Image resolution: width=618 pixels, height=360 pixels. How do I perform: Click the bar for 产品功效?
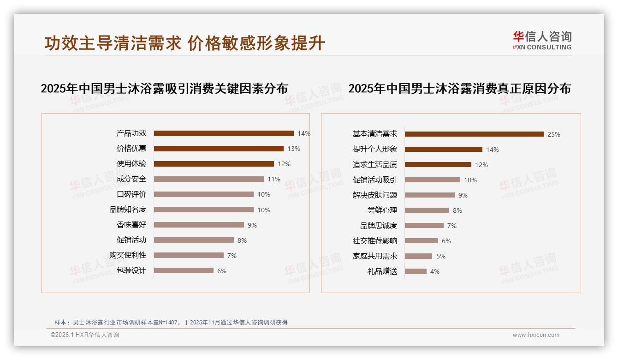224,133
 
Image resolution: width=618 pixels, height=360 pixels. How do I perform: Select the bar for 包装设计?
184,270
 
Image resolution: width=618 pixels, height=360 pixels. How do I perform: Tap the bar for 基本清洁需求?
474,134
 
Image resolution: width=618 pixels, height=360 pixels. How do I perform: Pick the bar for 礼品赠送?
416,271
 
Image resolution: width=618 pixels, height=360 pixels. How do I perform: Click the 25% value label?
553,134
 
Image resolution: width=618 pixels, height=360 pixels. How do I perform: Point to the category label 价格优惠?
131,149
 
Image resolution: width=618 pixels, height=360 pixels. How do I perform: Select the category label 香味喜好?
131,225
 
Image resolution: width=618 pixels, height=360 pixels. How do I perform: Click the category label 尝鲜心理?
382,210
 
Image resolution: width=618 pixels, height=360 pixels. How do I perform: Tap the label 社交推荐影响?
374,241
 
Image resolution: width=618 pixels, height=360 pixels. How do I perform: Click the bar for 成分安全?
208,179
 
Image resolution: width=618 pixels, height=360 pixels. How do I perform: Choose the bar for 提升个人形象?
443,150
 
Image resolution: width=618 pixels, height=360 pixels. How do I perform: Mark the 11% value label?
273,179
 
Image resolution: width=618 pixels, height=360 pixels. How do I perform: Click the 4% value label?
434,271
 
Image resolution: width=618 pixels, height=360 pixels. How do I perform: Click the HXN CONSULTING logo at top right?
542,41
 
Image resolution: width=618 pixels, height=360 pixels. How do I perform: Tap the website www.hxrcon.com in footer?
536,335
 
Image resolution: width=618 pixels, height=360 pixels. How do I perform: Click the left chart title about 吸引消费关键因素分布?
164,89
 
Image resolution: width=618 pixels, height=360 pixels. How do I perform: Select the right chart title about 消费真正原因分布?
459,89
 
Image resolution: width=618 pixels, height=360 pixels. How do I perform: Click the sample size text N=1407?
169,323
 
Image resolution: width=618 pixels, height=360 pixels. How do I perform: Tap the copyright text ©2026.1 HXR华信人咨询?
84,335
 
